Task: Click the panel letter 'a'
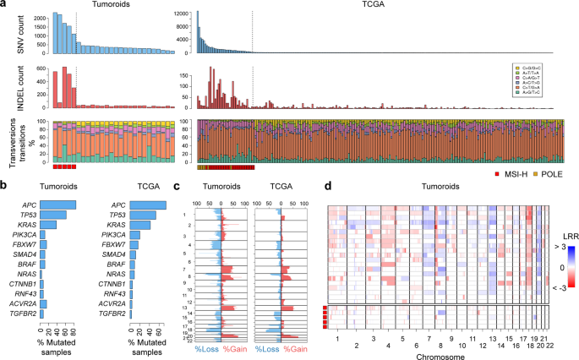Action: pos(4,5)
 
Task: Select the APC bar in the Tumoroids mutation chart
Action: pos(58,204)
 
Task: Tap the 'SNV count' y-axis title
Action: pos(11,34)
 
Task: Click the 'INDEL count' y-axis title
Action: pos(11,87)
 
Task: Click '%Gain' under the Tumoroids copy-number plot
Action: pos(233,348)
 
